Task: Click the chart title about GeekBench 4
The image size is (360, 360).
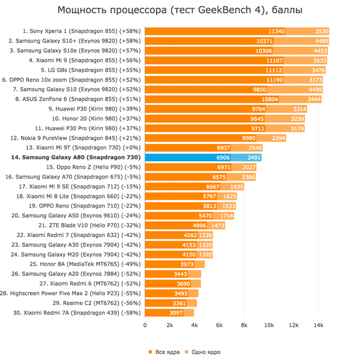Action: pos(180,11)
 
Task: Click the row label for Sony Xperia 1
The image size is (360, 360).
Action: pos(83,31)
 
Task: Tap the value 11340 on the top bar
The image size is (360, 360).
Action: pos(276,31)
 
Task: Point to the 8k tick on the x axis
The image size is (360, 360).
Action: pos(244,325)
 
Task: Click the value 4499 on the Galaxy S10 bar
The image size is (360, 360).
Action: pos(314,89)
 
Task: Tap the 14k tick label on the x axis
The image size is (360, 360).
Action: pos(319,325)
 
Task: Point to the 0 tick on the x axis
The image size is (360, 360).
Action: pos(145,325)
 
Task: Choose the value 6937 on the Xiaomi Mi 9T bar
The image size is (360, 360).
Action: pos(224,147)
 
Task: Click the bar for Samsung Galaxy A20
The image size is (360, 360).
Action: pos(173,274)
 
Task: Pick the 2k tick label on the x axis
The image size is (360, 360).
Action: pos(170,325)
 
